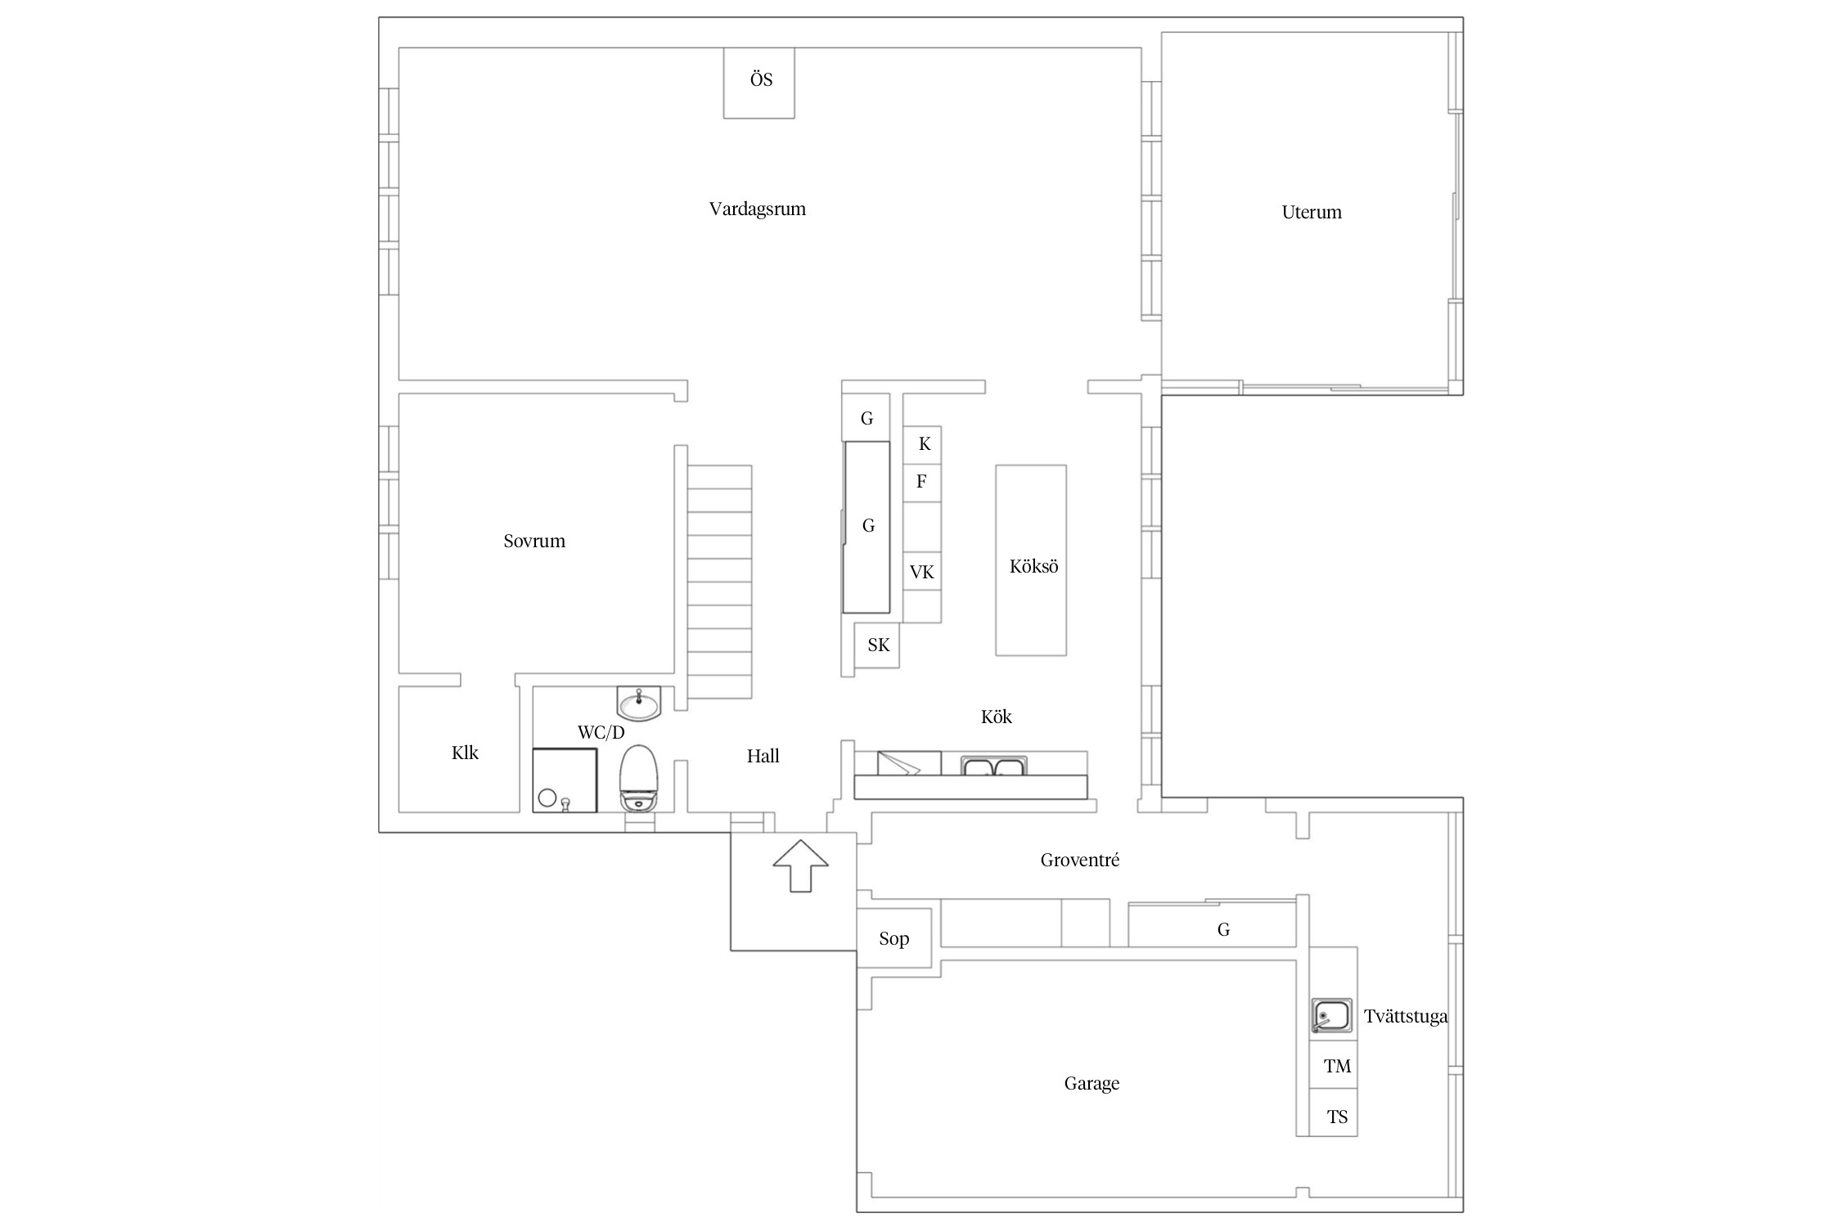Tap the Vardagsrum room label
click(757, 209)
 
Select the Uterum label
click(1312, 212)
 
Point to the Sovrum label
click(534, 541)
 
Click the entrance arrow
click(800, 865)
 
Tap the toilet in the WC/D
click(639, 778)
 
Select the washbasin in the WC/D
click(638, 703)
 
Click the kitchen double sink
click(993, 766)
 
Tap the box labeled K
click(922, 444)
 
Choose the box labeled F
click(922, 483)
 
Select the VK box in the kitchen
click(922, 572)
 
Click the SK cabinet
click(877, 645)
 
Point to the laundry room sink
click(1332, 1015)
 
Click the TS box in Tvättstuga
click(1334, 1112)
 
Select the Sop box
click(894, 938)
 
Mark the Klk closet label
click(465, 753)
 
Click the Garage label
click(1092, 1084)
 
